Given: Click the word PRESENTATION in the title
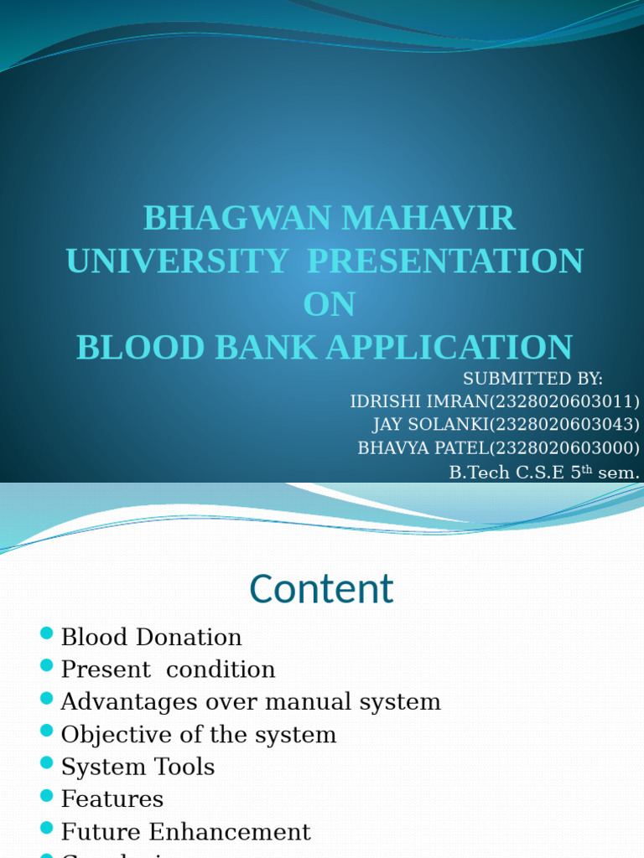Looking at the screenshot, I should coord(445,261).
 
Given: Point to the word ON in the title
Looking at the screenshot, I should coord(329,305).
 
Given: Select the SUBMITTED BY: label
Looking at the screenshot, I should coord(532,379).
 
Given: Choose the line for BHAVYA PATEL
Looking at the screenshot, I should coord(498,448).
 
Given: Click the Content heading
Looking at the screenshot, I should coord(321,589).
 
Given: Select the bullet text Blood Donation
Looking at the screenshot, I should coord(151,638).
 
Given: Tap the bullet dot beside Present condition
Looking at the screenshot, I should coord(47,667).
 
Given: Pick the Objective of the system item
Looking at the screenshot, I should coord(198,735).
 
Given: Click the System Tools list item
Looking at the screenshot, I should coord(138,768).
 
